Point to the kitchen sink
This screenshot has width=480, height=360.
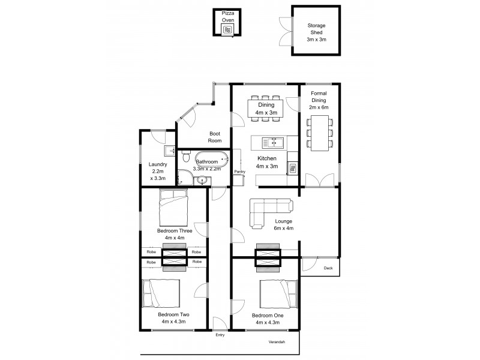[274, 143]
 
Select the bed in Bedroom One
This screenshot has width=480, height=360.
[279, 294]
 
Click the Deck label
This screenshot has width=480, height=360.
[328, 268]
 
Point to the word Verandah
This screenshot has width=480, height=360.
[277, 342]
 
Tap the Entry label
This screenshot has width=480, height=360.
[220, 335]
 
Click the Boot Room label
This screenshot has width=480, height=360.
[215, 137]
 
